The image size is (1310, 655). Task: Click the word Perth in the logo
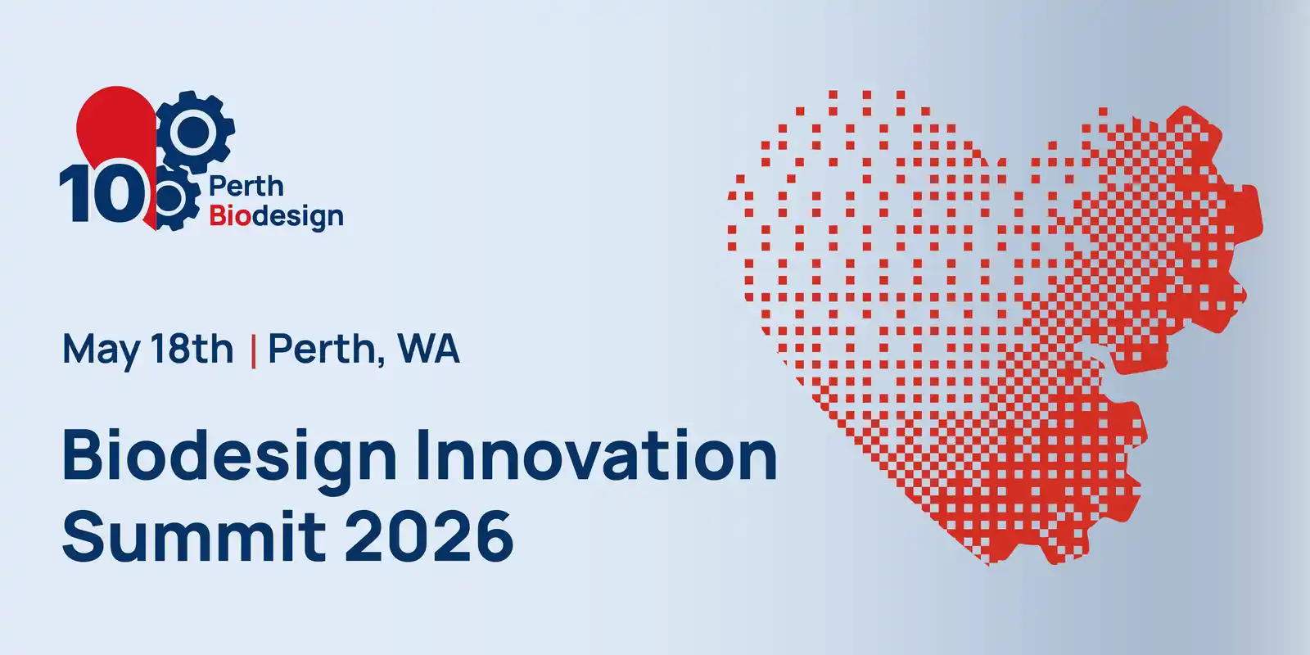pos(246,187)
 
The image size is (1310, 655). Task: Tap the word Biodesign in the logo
pos(276,217)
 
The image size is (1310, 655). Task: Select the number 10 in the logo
pos(103,192)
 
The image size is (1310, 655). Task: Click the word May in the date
pos(102,350)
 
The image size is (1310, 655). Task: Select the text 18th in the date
pos(192,349)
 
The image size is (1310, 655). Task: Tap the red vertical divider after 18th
pos(253,351)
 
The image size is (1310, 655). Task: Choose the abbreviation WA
pos(429,349)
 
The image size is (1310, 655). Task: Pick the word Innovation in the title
pos(597,454)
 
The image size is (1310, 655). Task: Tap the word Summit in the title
pos(193,535)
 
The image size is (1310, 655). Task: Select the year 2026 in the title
pos(429,535)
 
